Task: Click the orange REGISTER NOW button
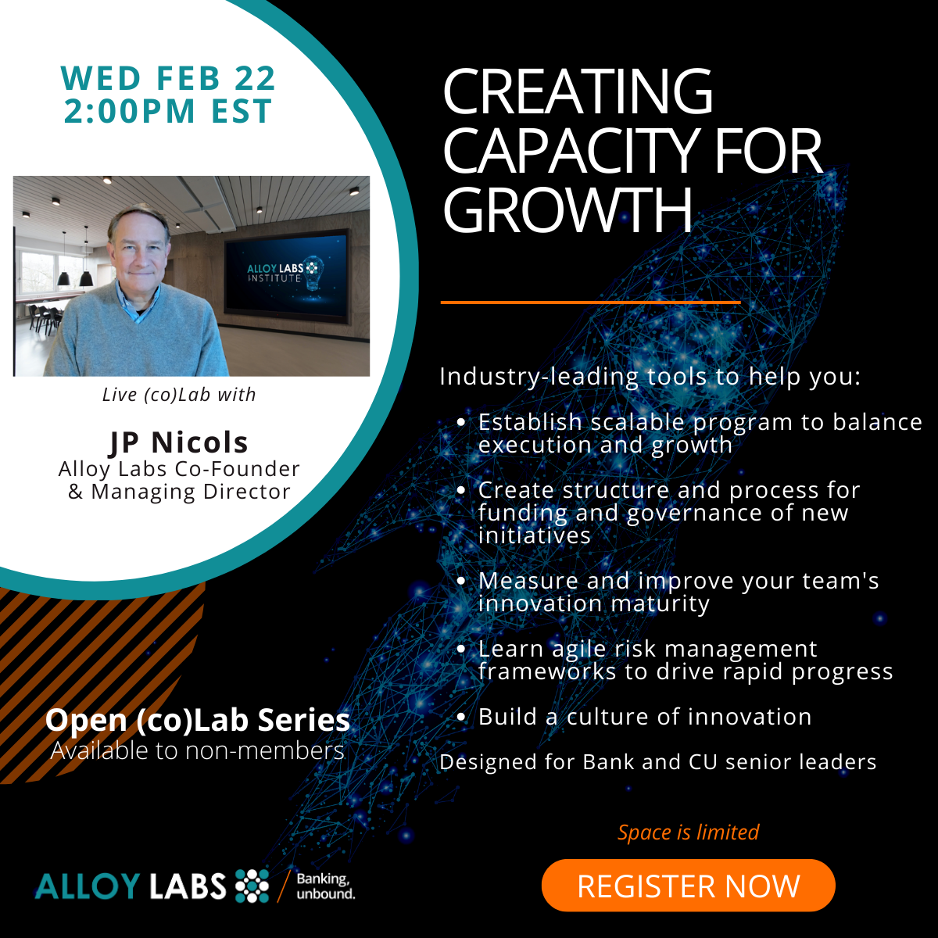point(688,886)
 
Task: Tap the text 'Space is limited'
point(688,832)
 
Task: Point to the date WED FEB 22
point(168,78)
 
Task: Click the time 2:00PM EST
point(168,111)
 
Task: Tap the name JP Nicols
point(179,442)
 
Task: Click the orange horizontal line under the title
point(590,302)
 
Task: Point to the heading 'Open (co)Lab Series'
point(197,720)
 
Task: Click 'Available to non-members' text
point(197,750)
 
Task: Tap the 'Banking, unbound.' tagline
point(325,886)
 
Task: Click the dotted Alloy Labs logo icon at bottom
point(252,886)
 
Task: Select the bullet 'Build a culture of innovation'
point(645,717)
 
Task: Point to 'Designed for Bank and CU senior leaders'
point(657,762)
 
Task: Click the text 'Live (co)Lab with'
point(179,395)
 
